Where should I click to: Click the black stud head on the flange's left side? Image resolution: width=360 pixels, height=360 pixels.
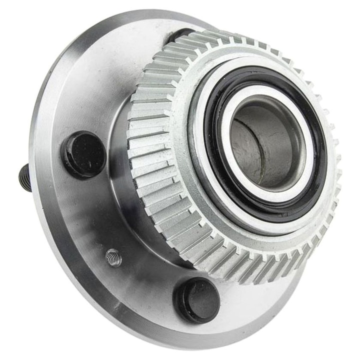point(83,154)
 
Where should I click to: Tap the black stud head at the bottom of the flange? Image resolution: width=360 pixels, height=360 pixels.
point(196,300)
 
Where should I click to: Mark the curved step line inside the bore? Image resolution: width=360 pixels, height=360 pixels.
point(253,150)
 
